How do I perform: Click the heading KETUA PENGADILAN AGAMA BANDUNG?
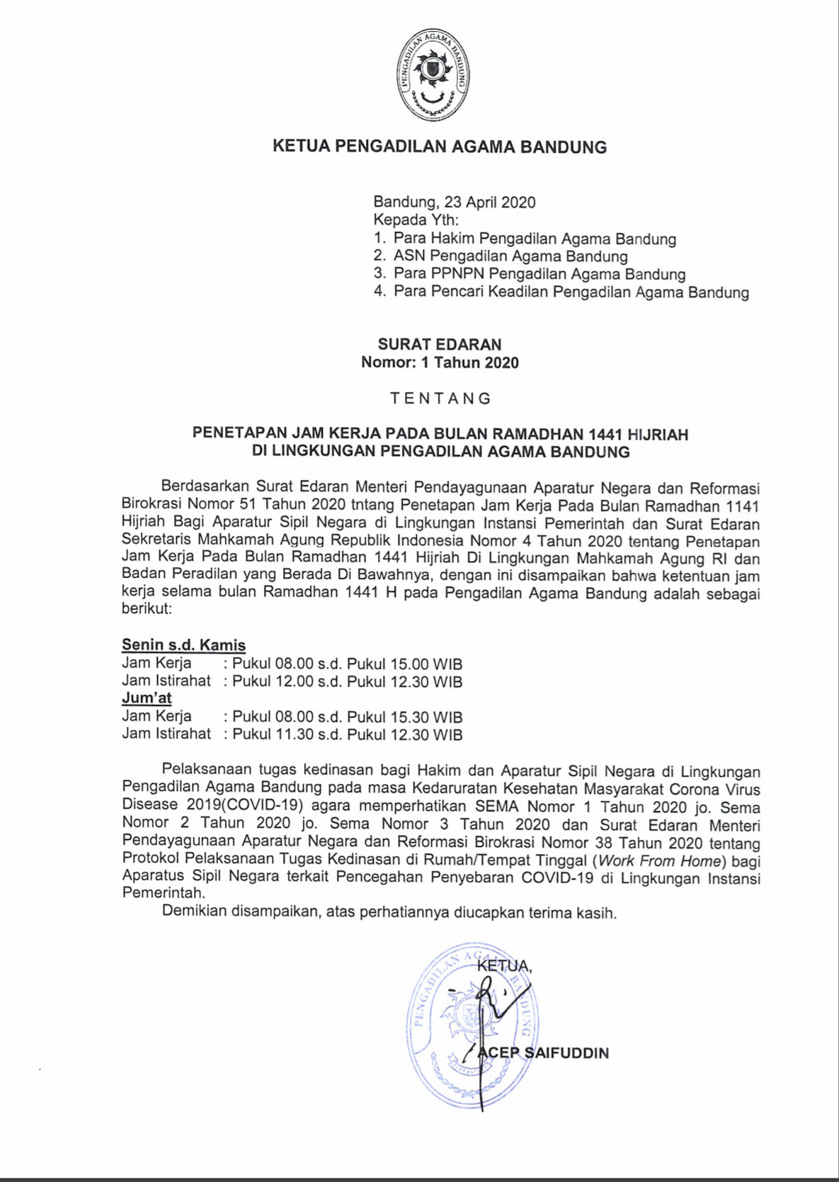[440, 147]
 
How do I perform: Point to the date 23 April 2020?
[490, 203]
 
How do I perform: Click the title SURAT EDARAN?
[439, 345]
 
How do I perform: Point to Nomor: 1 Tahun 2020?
[440, 363]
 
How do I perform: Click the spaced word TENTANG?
[440, 399]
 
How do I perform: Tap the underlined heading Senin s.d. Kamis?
[183, 645]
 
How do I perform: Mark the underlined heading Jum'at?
[147, 698]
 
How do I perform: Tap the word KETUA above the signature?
[504, 966]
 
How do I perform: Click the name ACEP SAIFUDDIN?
[544, 1053]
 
